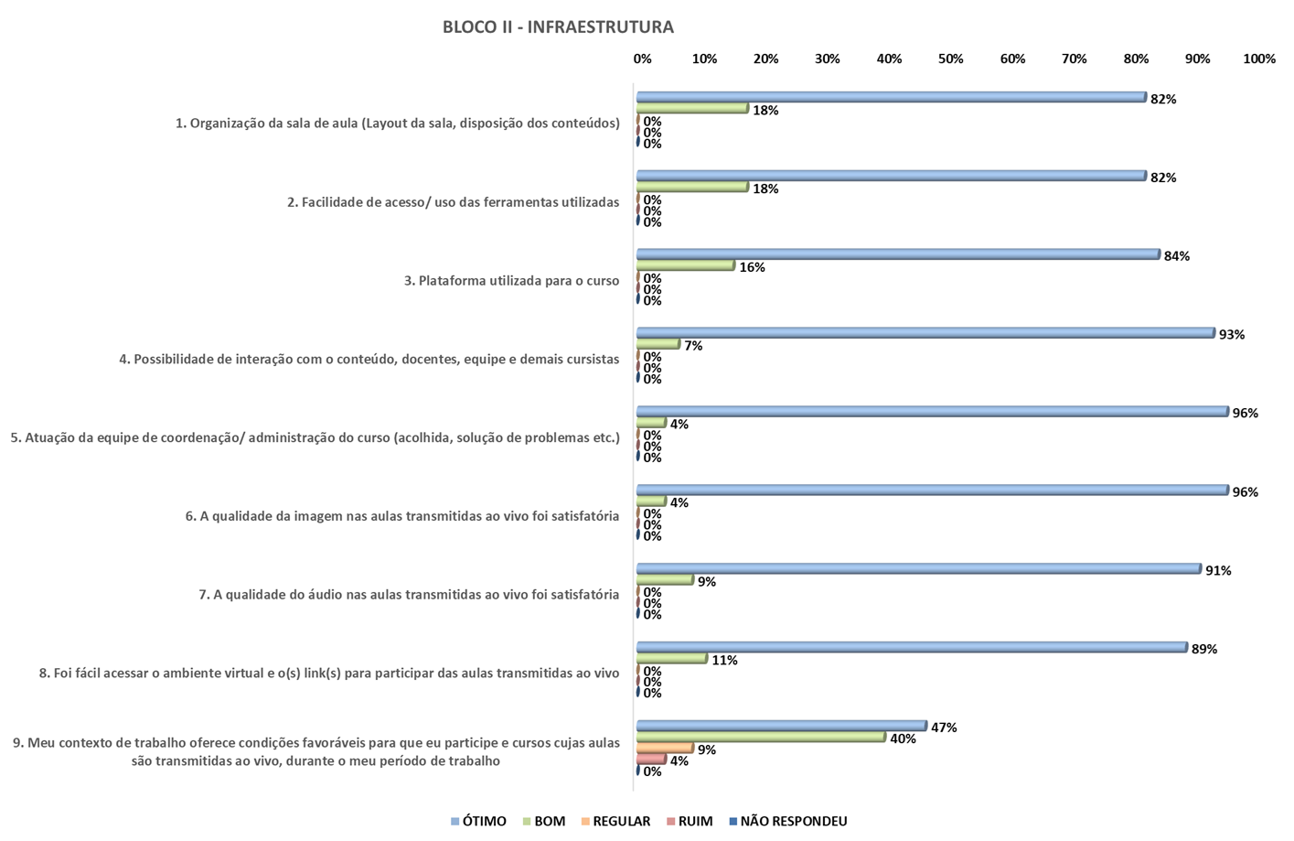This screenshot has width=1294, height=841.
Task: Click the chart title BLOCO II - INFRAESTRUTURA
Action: click(558, 27)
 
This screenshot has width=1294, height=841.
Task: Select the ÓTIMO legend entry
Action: click(483, 821)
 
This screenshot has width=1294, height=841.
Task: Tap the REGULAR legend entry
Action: click(620, 821)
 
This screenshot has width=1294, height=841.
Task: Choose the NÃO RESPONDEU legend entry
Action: click(792, 821)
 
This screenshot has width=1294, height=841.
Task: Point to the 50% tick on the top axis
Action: click(950, 59)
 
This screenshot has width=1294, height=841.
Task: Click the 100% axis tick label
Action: click(1258, 59)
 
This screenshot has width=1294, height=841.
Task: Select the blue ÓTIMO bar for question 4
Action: click(924, 333)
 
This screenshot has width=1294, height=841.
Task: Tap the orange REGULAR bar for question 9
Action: click(665, 748)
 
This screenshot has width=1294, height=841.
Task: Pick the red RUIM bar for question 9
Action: click(651, 760)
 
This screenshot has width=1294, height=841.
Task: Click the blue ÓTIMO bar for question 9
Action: click(781, 726)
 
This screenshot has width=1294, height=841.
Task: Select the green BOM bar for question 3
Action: click(685, 265)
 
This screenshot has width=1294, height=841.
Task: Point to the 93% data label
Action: click(1231, 335)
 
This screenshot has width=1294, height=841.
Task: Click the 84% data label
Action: click(1176, 256)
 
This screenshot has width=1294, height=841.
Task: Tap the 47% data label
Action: click(944, 728)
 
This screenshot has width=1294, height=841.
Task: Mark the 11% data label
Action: click(724, 660)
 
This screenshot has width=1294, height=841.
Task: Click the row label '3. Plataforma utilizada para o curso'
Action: click(511, 281)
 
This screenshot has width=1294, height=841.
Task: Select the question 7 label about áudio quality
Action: click(409, 595)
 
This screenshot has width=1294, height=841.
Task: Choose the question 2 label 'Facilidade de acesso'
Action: click(453, 202)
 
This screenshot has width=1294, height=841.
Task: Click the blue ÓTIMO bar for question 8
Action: click(911, 647)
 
